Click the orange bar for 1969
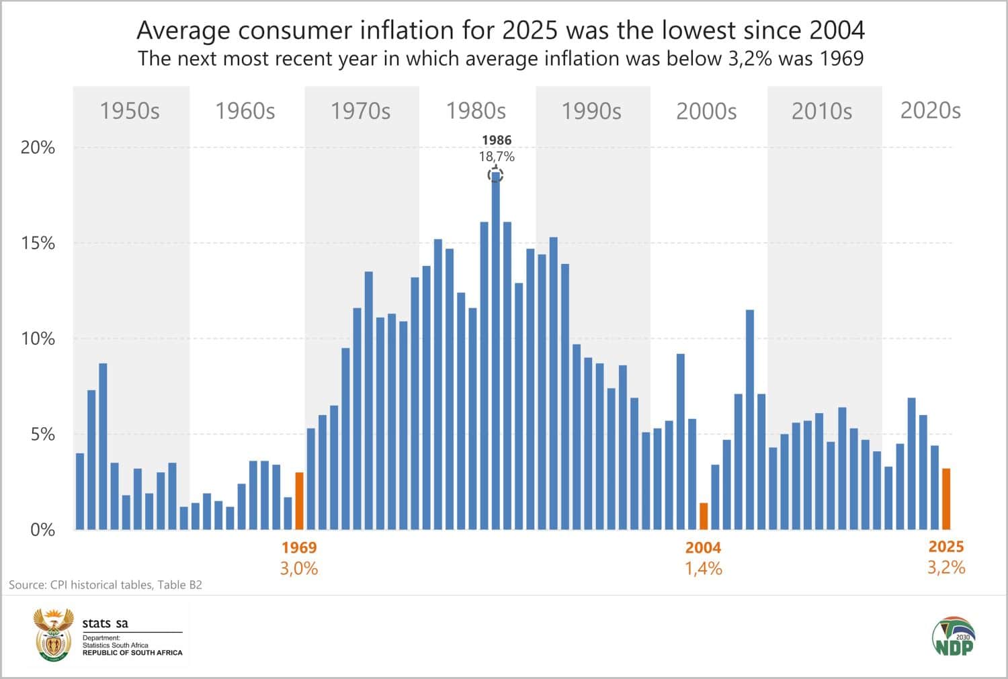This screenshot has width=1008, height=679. pos(299,501)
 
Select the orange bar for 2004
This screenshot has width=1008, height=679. pos(704,516)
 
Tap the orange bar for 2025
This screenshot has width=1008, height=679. pos(946,499)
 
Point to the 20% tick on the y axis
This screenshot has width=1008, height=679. pos(38,148)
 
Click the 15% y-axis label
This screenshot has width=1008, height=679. pos(38,243)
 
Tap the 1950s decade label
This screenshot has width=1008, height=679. pos(130,111)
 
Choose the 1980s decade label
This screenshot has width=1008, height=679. pos(476,111)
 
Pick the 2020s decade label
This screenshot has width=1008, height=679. pos(930,111)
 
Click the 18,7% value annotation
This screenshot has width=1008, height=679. pos(497,156)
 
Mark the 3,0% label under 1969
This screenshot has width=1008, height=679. pos(298,569)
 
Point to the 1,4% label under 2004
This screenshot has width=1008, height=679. pos(703,569)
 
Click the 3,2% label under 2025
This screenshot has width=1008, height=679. pos(946,568)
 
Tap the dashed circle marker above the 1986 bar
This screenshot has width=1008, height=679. pos(495,175)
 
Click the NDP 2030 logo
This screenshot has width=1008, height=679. pos(954,636)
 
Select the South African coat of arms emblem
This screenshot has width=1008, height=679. pos(52,635)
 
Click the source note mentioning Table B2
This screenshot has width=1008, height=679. pos(106,585)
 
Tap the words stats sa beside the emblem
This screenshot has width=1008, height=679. pos(105,623)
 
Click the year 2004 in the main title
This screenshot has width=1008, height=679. pos(836,30)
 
